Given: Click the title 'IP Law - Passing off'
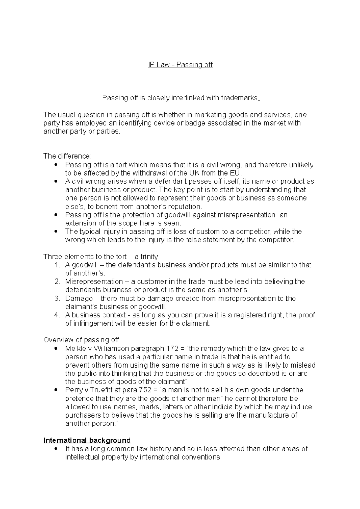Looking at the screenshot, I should pyautogui.click(x=180, y=64).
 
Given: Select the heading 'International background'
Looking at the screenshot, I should pyautogui.click(x=87, y=440).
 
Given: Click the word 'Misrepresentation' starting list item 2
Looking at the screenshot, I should pyautogui.click(x=94, y=281).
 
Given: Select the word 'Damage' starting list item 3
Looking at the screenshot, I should pyautogui.click(x=79, y=298).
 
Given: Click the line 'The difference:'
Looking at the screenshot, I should pyautogui.click(x=67, y=156).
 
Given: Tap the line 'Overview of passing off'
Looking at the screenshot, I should pyautogui.click(x=81, y=340).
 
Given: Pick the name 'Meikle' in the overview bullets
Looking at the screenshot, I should pyautogui.click(x=75, y=348).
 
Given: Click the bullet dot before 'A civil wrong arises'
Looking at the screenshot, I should pyautogui.click(x=55, y=181).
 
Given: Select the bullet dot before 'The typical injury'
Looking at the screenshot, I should pyautogui.click(x=55, y=231).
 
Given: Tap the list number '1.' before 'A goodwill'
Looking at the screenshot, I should pyautogui.click(x=57, y=265).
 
